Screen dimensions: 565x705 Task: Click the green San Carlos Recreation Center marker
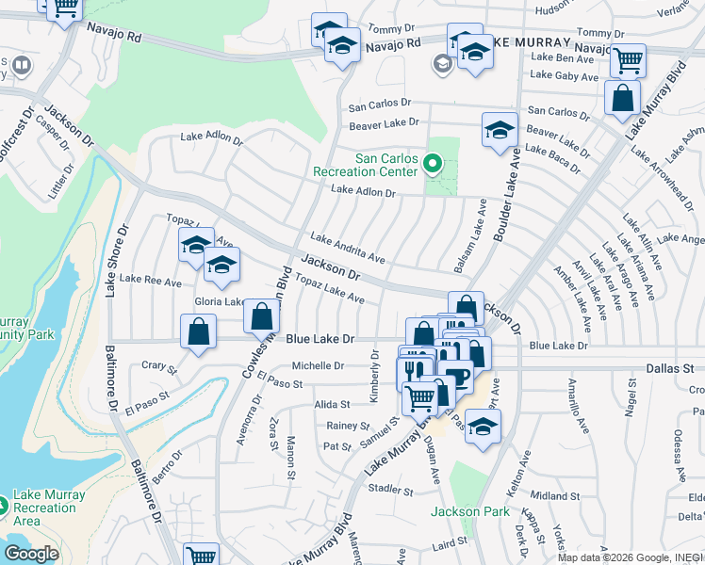(x=433, y=164)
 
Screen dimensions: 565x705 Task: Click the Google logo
(x=31, y=554)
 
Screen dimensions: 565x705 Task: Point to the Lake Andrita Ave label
(x=348, y=248)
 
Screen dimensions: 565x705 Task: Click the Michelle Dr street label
(x=317, y=365)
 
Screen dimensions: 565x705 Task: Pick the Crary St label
(x=158, y=367)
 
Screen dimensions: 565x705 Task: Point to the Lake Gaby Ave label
(x=565, y=76)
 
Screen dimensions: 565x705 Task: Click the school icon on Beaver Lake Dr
(x=500, y=130)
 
